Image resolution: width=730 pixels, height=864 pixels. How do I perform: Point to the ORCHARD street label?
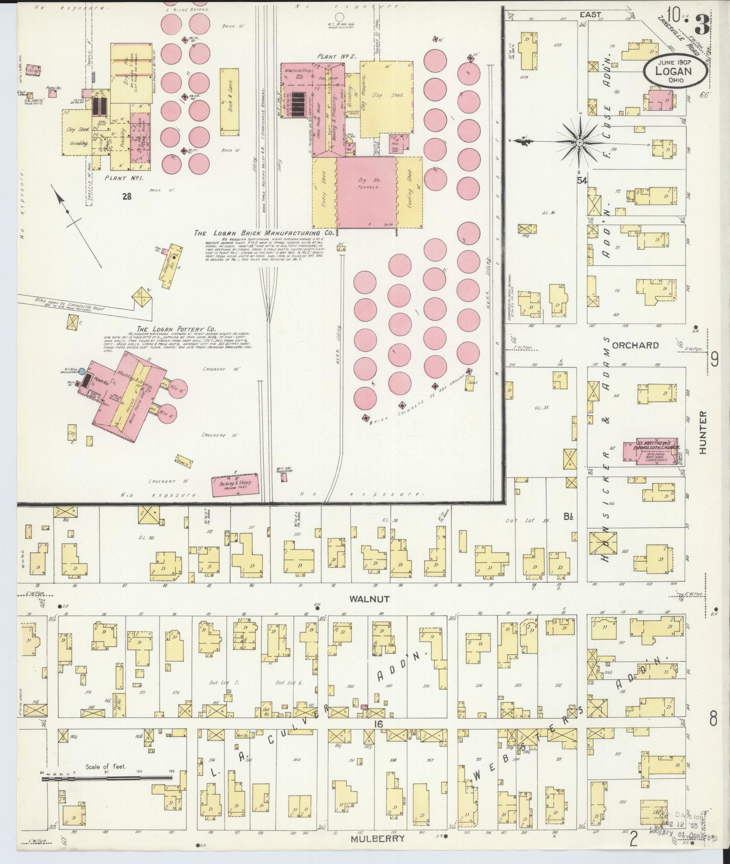tap(635, 345)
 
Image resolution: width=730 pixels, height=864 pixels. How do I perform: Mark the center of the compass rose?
tap(580, 142)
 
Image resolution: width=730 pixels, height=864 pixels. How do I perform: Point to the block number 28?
tap(127, 195)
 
